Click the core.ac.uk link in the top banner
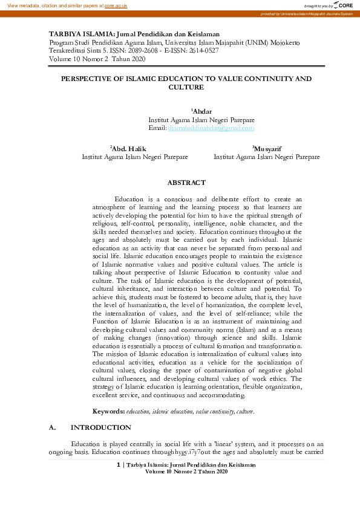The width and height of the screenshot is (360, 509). (116, 5)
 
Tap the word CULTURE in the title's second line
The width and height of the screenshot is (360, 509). (186, 87)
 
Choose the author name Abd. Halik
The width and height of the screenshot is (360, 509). (129, 148)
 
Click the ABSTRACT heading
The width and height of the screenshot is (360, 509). (186, 183)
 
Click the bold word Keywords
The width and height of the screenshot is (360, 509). (108, 411)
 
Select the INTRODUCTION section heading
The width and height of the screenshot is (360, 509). (100, 427)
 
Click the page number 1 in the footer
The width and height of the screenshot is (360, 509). (118, 464)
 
